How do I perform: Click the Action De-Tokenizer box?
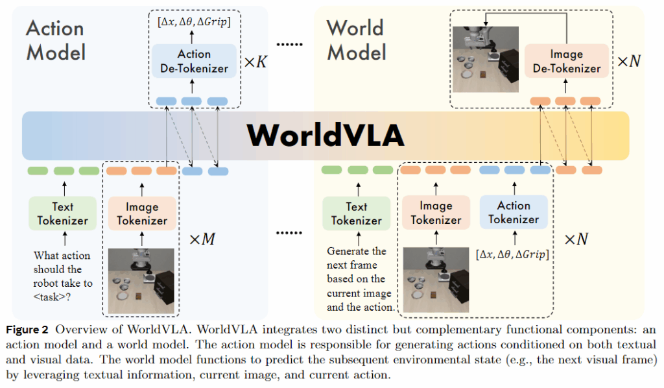194,62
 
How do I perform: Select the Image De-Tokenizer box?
566,62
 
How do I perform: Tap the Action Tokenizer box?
514,212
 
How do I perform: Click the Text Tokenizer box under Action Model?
62,213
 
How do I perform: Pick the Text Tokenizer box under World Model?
356,213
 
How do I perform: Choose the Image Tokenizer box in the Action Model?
141,213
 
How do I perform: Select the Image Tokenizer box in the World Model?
435,213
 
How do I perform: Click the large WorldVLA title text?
326,135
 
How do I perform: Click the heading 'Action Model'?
56,40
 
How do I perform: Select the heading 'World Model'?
356,40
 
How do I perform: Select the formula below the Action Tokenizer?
512,254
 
